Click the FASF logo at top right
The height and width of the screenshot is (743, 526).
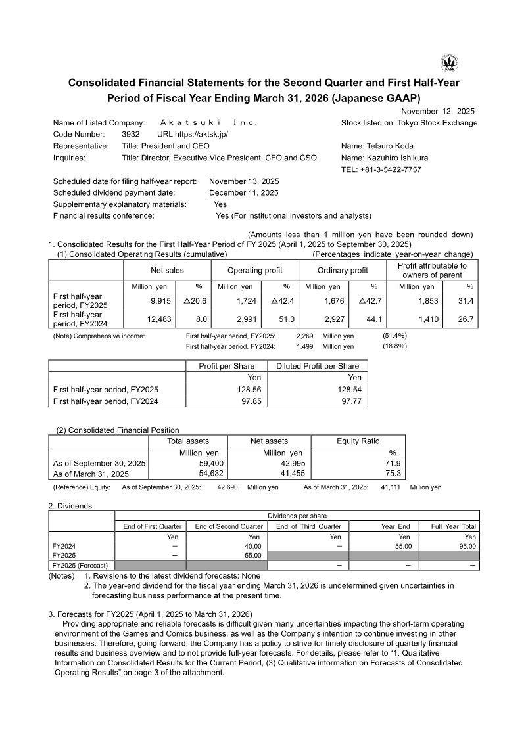pos(449,63)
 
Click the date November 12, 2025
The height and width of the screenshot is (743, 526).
pos(437,112)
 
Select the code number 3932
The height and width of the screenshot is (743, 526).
pos(131,134)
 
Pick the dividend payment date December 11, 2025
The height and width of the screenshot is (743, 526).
pos(243,193)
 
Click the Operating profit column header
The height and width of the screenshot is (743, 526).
pos(254,270)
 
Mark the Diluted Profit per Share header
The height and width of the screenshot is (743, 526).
pos(318,366)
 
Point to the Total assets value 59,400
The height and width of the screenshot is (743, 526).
pos(203,464)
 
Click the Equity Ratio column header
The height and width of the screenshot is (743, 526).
pos(358,441)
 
